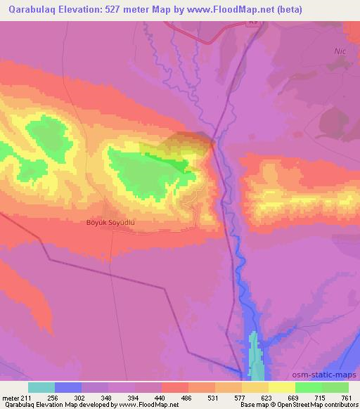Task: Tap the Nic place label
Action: coord(341,51)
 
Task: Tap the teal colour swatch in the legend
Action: coord(41,387)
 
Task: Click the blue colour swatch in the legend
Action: coord(68,387)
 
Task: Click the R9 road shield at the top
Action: coord(253,22)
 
